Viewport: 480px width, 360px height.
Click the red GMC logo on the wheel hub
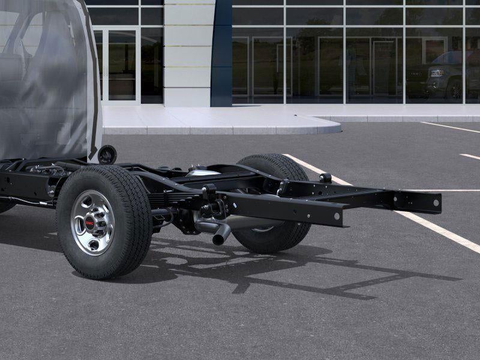click(x=90, y=223)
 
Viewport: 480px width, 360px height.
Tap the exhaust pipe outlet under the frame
click(x=219, y=238)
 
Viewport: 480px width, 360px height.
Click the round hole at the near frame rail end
click(x=337, y=215)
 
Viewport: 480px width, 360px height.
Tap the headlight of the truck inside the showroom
click(x=436, y=73)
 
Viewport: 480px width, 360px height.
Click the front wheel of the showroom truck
click(x=455, y=89)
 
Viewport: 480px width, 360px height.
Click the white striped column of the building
click(x=188, y=54)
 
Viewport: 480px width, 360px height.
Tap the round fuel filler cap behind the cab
click(x=107, y=154)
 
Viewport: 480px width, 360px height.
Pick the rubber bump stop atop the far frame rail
click(x=325, y=178)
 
